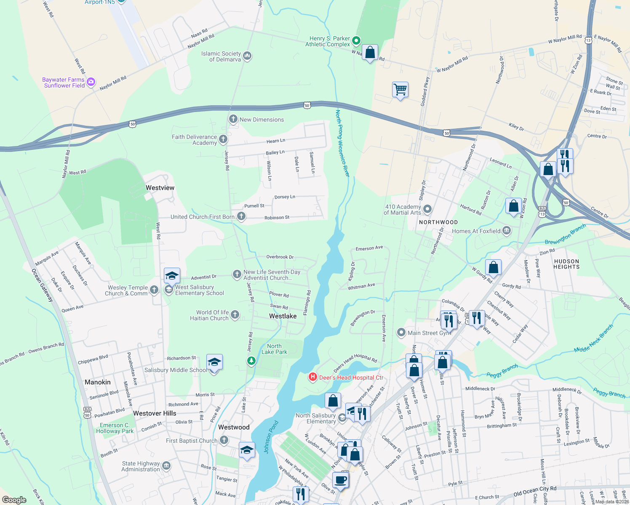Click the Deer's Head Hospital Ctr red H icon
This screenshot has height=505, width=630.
coord(312,377)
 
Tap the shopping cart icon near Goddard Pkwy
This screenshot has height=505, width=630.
coord(400,90)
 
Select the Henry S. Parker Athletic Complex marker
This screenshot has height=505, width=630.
coord(356,41)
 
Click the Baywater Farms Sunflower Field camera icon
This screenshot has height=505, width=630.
coord(91,82)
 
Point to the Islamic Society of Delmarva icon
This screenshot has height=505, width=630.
coord(247,56)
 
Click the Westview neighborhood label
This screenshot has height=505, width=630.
coord(160,188)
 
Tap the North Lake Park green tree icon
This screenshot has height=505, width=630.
coord(251,361)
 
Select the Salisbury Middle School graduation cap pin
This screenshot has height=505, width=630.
coord(214,362)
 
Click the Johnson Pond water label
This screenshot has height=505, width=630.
coord(272,437)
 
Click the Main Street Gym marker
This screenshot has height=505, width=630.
coord(401,333)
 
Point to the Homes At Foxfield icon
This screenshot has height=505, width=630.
coord(507,231)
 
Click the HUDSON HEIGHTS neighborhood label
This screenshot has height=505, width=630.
coord(566,264)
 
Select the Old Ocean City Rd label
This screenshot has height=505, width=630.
coord(535,491)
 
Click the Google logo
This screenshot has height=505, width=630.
coord(14,500)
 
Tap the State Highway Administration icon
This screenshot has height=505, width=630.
coord(166,466)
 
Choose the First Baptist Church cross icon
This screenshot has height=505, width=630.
coord(224,441)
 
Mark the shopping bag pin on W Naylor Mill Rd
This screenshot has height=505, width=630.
coord(370,53)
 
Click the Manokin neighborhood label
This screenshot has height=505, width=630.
coord(98,382)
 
